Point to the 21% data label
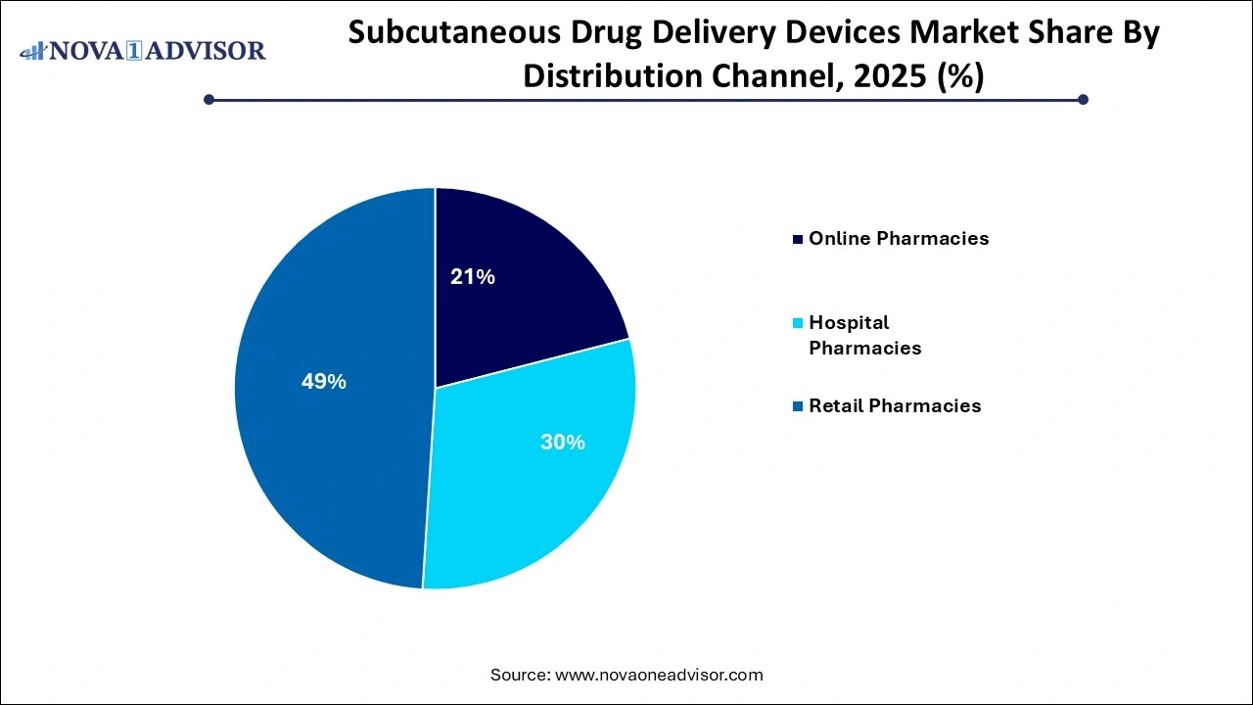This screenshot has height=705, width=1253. pyautogui.click(x=472, y=277)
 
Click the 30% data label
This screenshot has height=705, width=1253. pyautogui.click(x=563, y=443)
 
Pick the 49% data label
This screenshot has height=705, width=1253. pyautogui.click(x=324, y=382)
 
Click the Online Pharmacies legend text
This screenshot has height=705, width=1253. pyautogui.click(x=899, y=239)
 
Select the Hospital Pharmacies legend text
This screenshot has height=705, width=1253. pyautogui.click(x=864, y=335)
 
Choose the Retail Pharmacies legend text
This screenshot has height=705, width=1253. pyautogui.click(x=895, y=405)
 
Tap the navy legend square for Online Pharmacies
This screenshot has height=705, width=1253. pyautogui.click(x=799, y=239)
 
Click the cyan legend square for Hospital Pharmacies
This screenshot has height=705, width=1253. pyautogui.click(x=799, y=323)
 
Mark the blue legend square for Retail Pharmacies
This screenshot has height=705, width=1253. pyautogui.click(x=799, y=406)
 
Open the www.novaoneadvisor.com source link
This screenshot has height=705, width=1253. pyautogui.click(x=659, y=675)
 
